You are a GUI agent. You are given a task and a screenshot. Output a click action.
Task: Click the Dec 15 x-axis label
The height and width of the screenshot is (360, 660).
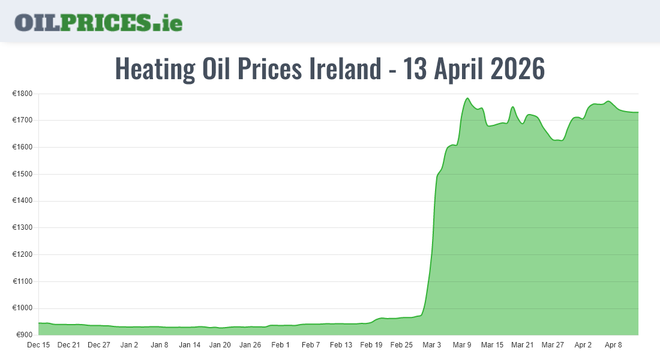click(38, 345)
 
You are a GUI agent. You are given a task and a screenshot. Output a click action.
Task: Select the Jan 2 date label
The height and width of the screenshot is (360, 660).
click(129, 345)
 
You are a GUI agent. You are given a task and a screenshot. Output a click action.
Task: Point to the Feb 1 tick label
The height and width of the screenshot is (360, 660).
click(280, 345)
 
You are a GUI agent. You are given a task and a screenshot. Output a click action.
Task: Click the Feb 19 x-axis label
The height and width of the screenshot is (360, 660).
click(371, 345)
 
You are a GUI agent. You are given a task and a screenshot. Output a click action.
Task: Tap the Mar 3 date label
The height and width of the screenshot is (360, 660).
click(431, 345)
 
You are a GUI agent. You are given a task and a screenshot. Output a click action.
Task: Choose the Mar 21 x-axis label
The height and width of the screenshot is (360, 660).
click(522, 345)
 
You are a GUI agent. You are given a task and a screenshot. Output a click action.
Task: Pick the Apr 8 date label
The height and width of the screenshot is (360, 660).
click(613, 345)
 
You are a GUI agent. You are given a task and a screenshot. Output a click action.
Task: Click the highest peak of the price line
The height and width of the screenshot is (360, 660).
click(467, 98)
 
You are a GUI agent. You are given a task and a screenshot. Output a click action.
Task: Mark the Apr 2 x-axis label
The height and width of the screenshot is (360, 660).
click(583, 345)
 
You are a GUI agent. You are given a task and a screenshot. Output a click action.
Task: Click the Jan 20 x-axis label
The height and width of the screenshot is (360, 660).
click(220, 345)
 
